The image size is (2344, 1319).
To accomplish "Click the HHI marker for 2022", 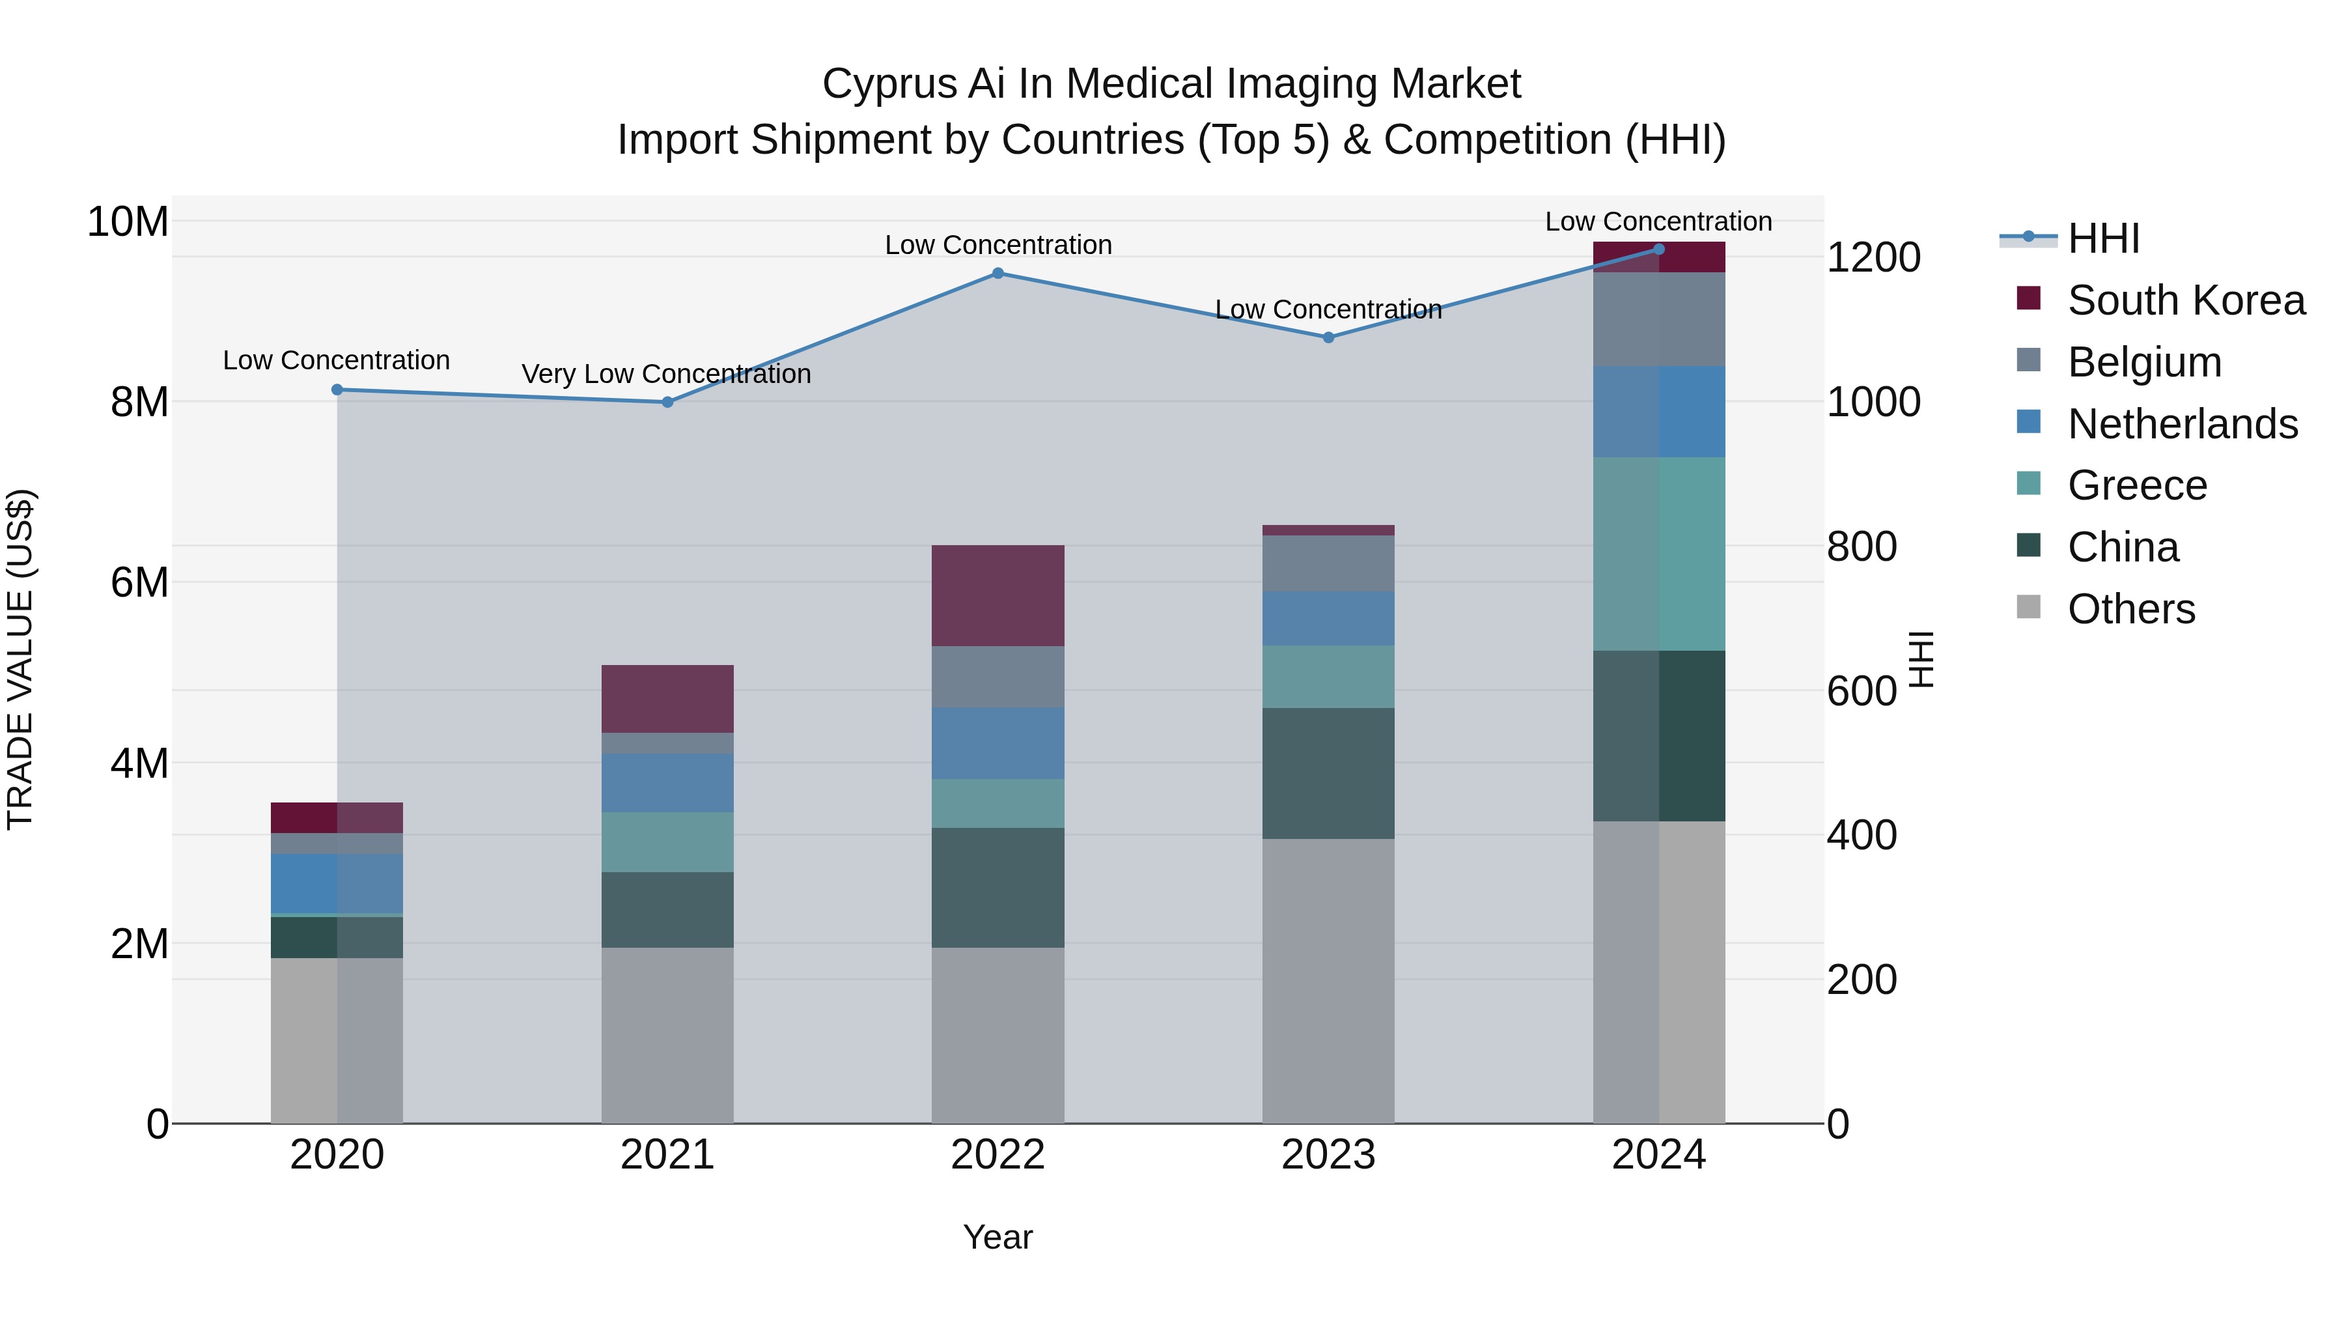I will [x=998, y=273].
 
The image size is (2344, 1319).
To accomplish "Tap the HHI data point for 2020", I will [x=337, y=390].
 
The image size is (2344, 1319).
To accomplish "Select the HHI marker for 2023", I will [x=1328, y=337].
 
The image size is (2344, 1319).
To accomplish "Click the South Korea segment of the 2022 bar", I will [x=998, y=595].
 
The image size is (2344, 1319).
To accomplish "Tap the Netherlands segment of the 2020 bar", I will [x=337, y=883].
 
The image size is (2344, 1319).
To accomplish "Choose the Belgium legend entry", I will [x=2144, y=362].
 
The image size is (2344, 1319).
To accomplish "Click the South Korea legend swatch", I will [x=2028, y=298].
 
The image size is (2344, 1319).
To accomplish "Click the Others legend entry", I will [x=2130, y=609].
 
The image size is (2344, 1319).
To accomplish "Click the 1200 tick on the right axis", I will [x=1873, y=257].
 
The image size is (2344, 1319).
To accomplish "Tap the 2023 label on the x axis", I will [x=1328, y=1155].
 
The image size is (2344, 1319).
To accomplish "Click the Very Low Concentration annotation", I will [x=666, y=374].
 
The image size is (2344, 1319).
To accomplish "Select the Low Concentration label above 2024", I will [x=1658, y=221].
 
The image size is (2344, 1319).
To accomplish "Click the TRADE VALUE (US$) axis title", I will [x=20, y=659].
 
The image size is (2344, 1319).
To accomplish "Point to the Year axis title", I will [x=998, y=1237].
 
